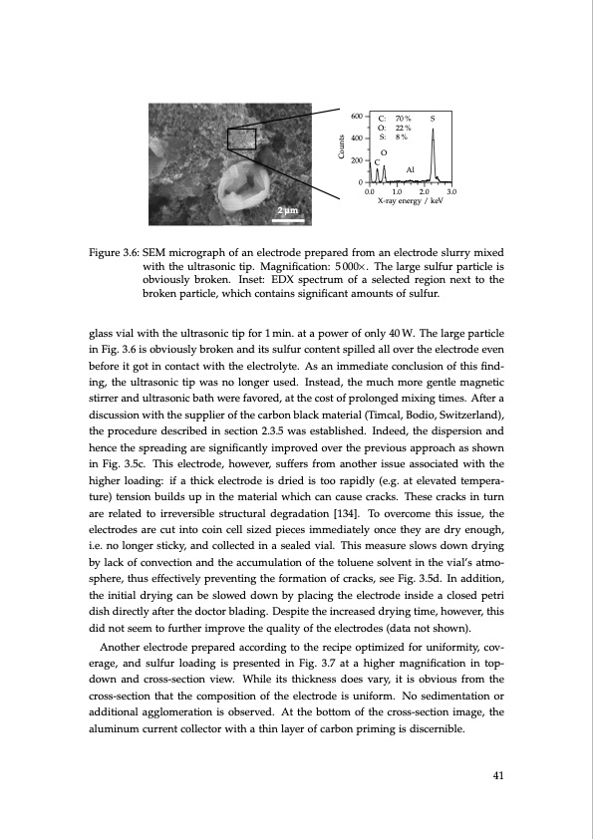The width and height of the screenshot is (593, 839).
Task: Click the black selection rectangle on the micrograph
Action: [242, 140]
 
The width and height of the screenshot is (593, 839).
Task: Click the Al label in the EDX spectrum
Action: [411, 169]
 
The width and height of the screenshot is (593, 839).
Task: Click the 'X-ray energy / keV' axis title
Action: [410, 200]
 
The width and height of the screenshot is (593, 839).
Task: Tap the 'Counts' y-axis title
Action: [341, 149]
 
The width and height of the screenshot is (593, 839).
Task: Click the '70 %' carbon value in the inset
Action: [404, 119]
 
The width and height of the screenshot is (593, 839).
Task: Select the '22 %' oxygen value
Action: [404, 128]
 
